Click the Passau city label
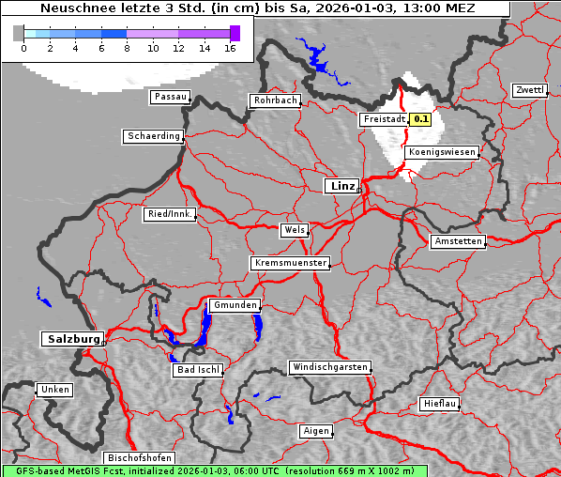point(170,97)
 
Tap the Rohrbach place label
point(274,100)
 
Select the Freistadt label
point(384,119)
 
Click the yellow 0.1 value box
point(421,119)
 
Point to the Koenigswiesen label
point(442,152)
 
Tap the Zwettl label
point(530,90)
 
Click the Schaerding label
point(153,136)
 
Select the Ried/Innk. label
point(170,214)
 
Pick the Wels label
point(294,230)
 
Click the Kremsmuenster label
point(291,263)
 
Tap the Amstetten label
point(458,241)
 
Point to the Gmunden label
point(234,306)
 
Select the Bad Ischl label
point(198,370)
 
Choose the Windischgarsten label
point(329,366)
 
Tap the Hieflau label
point(439,404)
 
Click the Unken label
point(54,389)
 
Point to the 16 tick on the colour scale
point(230,48)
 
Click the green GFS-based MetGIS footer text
point(214,470)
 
